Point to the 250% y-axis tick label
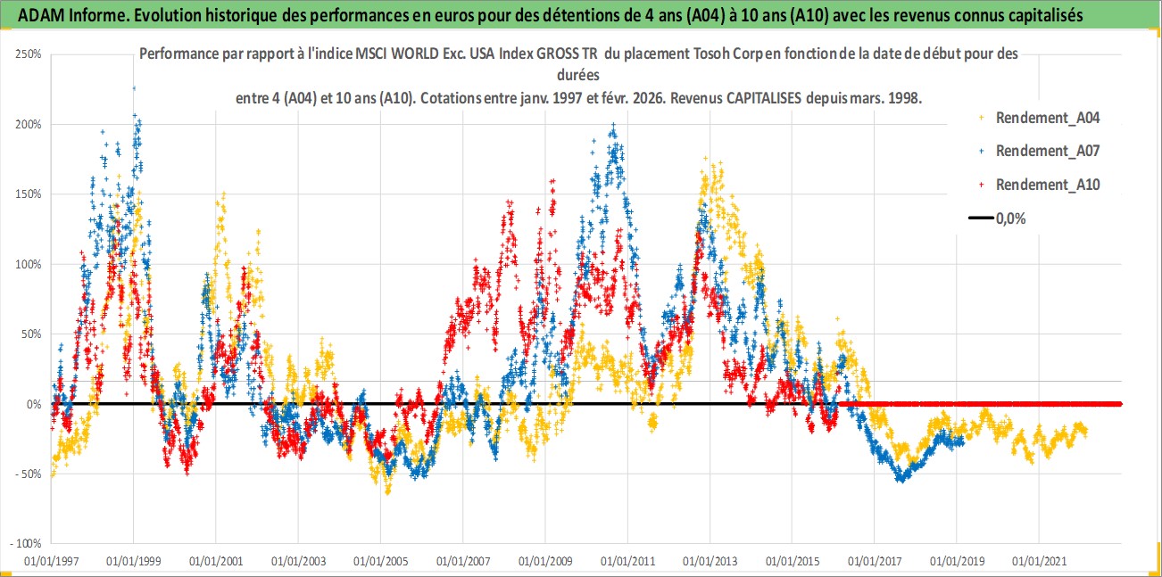point(29,54)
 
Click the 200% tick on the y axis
point(29,124)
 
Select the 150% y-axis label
point(29,194)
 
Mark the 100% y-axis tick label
point(29,264)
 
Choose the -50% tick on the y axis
point(29,474)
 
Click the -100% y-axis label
point(27,543)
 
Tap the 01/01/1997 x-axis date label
point(50,562)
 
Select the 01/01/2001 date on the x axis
point(215,562)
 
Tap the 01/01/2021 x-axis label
point(1039,562)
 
